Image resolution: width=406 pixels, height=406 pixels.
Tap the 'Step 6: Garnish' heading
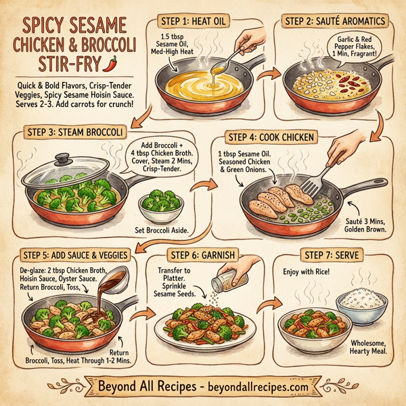(x=202, y=255)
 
